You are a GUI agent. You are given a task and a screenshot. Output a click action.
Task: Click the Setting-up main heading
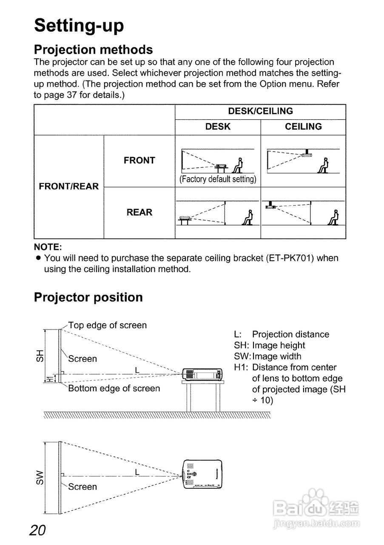pos(79,25)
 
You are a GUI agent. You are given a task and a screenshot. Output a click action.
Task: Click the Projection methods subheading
pos(93,49)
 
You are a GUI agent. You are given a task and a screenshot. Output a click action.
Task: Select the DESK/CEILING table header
pos(260,111)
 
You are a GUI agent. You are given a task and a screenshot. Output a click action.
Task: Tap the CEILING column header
pos(303,127)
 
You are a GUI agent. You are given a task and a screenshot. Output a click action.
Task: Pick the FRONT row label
pos(139,161)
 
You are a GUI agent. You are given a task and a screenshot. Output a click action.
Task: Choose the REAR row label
pos(139,212)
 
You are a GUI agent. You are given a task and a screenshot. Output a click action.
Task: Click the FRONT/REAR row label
pos(68,186)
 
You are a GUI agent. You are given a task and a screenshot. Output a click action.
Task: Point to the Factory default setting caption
pos(218,179)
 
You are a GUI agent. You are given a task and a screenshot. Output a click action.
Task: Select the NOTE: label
pos(48,247)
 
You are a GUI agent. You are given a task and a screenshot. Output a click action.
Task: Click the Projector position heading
pos(88,297)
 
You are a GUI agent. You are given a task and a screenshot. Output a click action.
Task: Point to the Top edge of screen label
pos(107,325)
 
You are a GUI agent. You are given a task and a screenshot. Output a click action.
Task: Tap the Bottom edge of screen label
pos(114,388)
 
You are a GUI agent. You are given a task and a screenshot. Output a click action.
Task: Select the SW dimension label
pos(40,477)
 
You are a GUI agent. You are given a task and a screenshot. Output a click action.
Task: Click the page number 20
pos(38,531)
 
